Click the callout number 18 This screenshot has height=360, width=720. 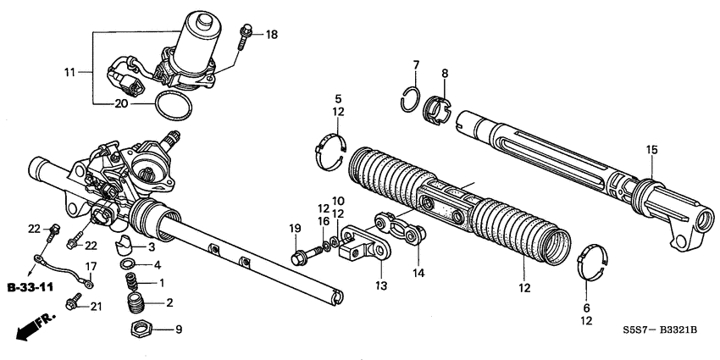coord(271,35)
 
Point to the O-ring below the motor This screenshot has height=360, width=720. coord(174,108)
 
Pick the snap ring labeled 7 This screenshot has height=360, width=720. coord(409,97)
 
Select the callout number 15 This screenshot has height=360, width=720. coord(651,150)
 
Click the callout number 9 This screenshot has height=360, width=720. coord(177,329)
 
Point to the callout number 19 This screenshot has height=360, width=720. coord(295,229)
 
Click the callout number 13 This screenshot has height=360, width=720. coord(382,285)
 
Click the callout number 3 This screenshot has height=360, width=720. coord(151,246)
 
